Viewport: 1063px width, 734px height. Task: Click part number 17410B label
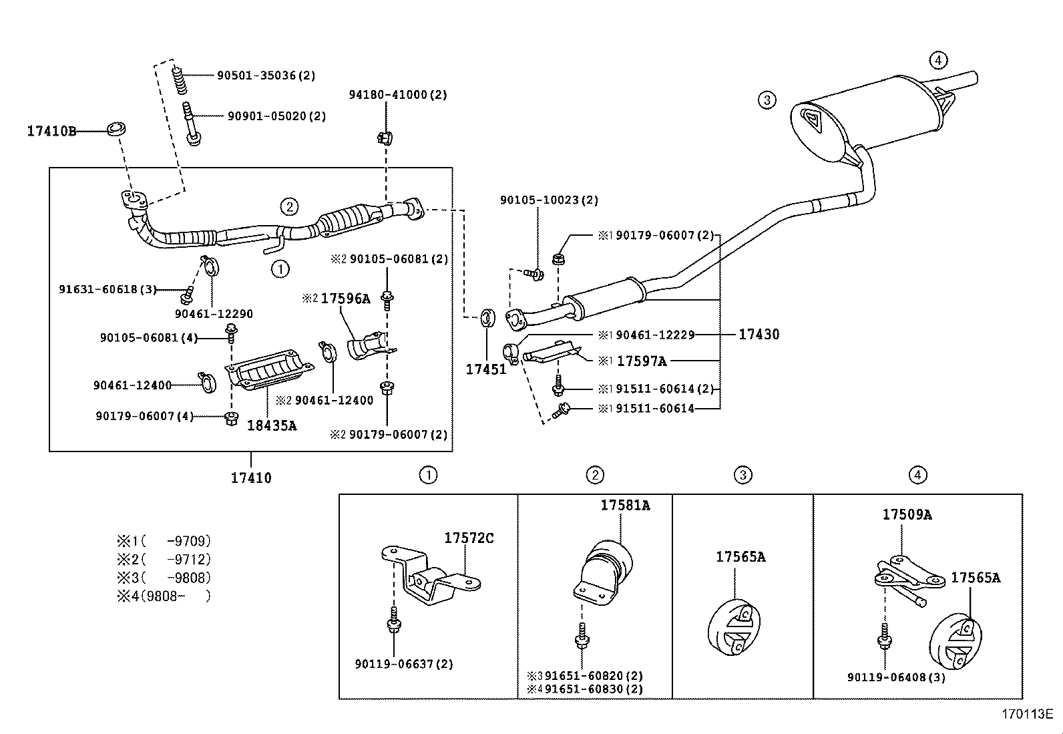[x=51, y=131]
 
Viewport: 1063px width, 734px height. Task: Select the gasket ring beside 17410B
[x=118, y=128]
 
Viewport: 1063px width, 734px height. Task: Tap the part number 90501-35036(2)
[x=266, y=76]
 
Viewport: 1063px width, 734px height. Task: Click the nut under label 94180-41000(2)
[x=385, y=138]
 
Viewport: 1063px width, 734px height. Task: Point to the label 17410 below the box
[x=251, y=478]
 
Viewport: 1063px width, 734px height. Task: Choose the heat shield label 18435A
[x=272, y=425]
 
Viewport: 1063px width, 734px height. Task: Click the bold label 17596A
[x=345, y=299]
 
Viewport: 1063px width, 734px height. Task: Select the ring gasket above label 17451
[x=488, y=317]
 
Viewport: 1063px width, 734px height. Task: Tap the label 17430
[x=759, y=334]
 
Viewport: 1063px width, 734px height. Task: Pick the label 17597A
[x=641, y=361]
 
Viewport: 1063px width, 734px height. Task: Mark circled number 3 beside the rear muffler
[x=767, y=100]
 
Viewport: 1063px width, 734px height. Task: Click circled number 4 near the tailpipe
[x=937, y=60]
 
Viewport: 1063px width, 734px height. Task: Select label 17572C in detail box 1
[x=469, y=538]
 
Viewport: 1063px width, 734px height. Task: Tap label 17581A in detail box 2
[x=624, y=506]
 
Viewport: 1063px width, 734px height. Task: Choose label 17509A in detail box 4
[x=907, y=514]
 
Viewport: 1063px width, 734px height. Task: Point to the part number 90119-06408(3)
[x=896, y=677]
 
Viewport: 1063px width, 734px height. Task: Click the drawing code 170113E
[x=1026, y=714]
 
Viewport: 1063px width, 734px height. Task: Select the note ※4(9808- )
[x=164, y=596]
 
